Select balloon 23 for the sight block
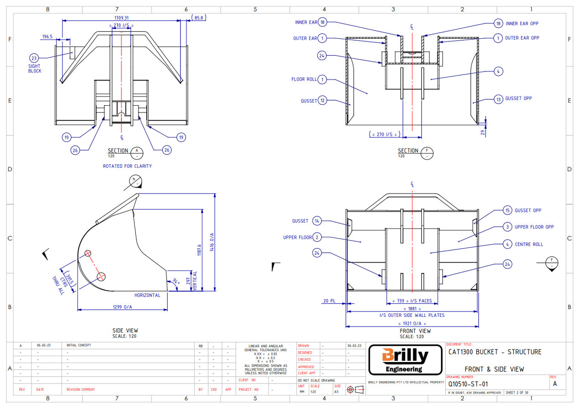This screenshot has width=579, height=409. click(x=34, y=58)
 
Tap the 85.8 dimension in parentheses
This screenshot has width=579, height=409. click(x=199, y=18)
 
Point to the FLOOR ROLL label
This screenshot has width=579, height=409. click(x=304, y=79)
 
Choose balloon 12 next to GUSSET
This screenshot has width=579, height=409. click(x=322, y=101)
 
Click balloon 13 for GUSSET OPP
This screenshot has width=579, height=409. click(x=498, y=99)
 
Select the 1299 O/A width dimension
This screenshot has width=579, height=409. click(x=123, y=307)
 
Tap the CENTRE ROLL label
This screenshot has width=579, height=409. click(x=529, y=244)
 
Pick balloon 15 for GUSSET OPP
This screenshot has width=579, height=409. click(x=507, y=210)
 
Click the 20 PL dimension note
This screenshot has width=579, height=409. click(x=329, y=301)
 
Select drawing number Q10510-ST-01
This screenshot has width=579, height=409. click(x=468, y=384)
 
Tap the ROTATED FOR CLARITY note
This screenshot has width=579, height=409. click(x=127, y=166)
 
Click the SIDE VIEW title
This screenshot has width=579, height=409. click(x=125, y=330)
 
